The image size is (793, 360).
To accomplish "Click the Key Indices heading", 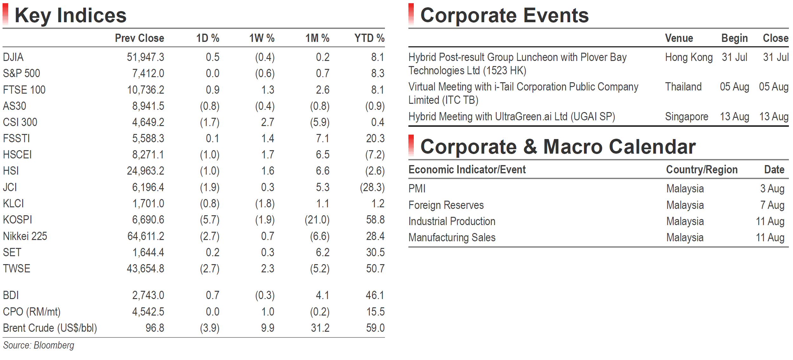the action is [x=70, y=15].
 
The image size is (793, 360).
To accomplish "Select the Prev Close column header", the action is [x=139, y=38].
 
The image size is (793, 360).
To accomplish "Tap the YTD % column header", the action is [x=369, y=38].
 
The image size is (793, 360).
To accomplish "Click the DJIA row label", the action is [x=13, y=57].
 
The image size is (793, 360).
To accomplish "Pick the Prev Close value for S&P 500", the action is [x=148, y=73].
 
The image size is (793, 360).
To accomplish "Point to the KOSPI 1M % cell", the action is [x=317, y=220].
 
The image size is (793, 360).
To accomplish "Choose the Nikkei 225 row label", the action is [x=25, y=236].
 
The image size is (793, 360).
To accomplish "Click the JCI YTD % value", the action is [x=372, y=187].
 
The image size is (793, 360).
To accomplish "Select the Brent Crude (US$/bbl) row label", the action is [x=50, y=328].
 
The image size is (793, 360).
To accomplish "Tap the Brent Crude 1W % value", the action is [x=268, y=328].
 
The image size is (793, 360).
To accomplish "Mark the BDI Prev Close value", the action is [x=148, y=295].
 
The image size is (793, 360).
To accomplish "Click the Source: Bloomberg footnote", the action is [x=39, y=345].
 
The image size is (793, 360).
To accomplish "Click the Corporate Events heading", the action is [x=505, y=15].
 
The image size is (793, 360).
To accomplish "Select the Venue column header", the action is [x=679, y=38].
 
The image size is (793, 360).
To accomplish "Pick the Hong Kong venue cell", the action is [x=689, y=57].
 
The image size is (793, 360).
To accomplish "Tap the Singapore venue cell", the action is [x=687, y=117].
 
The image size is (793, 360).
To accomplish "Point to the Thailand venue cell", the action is [x=684, y=87].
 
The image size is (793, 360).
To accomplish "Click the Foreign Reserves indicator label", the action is [x=446, y=205].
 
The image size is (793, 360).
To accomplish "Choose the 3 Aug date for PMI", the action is [x=772, y=189].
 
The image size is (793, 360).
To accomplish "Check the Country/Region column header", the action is [x=702, y=170].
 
